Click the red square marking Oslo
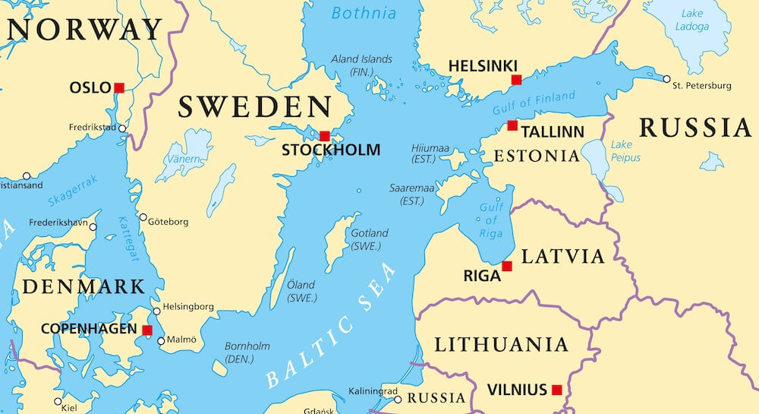119,88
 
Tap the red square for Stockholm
325,136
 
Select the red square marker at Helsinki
516,80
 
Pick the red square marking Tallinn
512,125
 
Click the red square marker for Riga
507,266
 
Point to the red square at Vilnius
557,390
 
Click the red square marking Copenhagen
147,330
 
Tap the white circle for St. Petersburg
666,79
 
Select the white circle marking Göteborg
143,217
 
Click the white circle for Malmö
161,341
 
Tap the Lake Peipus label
625,151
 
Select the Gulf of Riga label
491,220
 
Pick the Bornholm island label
247,352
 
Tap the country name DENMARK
83,286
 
